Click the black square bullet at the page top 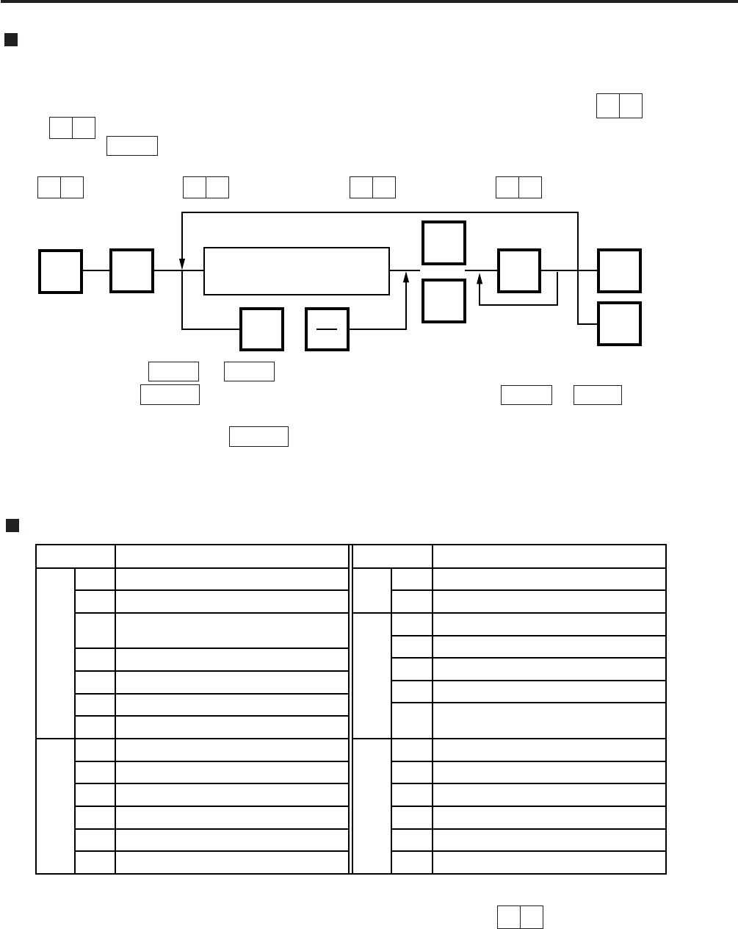coord(10,39)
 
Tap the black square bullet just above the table coord(12,525)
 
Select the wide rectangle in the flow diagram coord(296,271)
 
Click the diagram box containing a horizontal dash coord(328,330)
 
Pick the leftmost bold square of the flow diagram coord(60,271)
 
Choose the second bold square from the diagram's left coord(132,271)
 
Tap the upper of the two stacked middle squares coord(444,243)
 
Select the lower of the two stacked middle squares coord(444,301)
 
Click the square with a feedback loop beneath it coord(519,271)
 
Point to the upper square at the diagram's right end coord(620,271)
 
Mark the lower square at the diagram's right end coord(620,323)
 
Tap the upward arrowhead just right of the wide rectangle coord(406,276)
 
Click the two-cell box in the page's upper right coord(619,107)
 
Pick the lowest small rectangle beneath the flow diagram coord(259,437)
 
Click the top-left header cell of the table coord(76,556)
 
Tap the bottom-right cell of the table coord(549,862)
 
